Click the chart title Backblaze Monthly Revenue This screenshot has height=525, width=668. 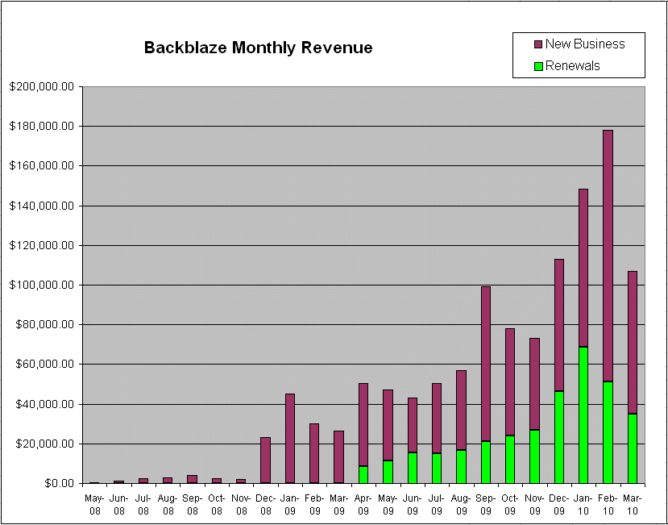pyautogui.click(x=258, y=48)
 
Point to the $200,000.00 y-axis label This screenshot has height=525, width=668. pyautogui.click(x=42, y=86)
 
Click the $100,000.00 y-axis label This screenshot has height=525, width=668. pyautogui.click(x=42, y=285)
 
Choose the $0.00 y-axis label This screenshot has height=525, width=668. pyautogui.click(x=56, y=483)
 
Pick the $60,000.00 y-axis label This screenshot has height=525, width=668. pyautogui.click(x=44, y=364)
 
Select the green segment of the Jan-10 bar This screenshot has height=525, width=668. pyautogui.click(x=583, y=415)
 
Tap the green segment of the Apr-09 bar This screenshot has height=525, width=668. pyautogui.click(x=363, y=474)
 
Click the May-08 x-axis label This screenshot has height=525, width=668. pyautogui.click(x=94, y=505)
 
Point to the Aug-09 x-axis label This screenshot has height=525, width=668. pyautogui.click(x=461, y=505)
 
